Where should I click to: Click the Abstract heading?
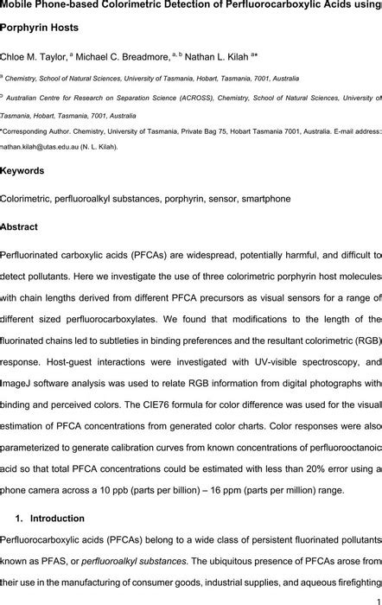tap(20, 226)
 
